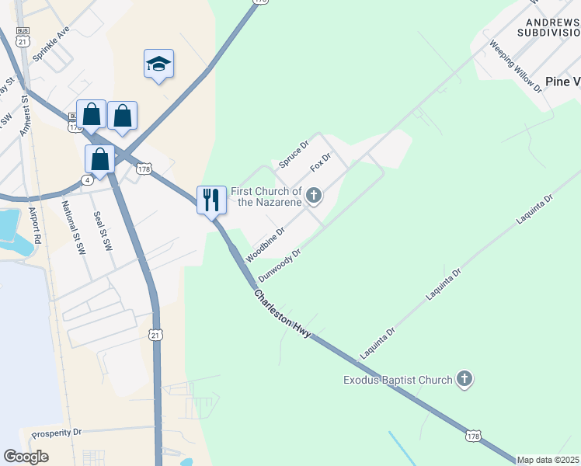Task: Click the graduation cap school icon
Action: pos(158,65)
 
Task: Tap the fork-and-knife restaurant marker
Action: pos(211,200)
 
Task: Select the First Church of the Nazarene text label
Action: pos(266,196)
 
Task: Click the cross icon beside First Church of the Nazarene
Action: pos(314,195)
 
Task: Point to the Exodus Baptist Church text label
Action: pos(398,380)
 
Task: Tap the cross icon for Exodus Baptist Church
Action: pos(464,379)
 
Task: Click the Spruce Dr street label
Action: pos(294,154)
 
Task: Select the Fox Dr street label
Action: pos(321,162)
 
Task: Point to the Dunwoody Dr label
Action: pos(280,266)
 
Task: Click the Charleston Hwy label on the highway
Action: pos(283,313)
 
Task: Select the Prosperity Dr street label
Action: pos(56,432)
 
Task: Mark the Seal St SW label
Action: pos(103,231)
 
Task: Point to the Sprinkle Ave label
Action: pos(52,43)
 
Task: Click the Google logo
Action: pos(26,457)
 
